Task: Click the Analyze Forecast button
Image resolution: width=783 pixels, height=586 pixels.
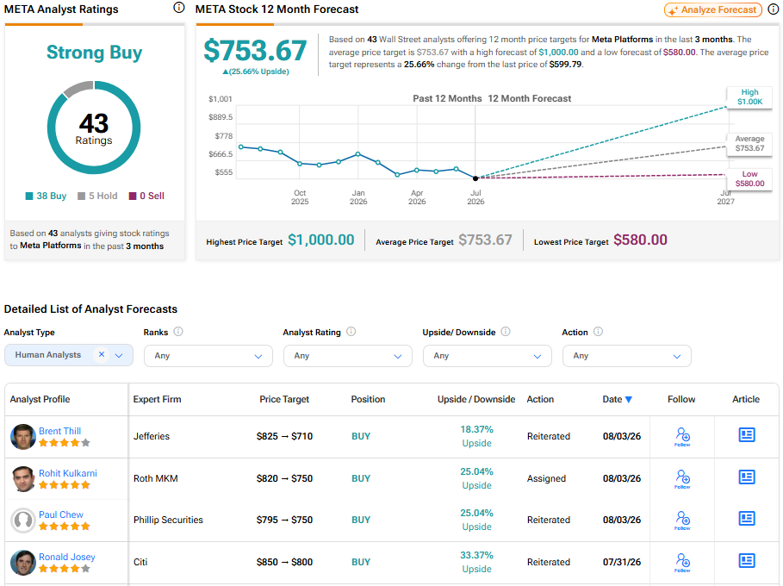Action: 712,10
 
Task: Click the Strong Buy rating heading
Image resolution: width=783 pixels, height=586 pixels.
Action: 95,53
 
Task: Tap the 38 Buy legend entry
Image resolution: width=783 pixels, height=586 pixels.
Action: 46,196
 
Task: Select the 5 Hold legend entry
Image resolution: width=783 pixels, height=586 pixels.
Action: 98,196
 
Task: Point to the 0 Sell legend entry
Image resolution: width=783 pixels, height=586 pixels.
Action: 146,196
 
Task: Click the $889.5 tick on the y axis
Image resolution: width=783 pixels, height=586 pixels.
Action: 221,117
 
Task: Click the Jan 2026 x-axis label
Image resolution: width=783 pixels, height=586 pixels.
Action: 358,196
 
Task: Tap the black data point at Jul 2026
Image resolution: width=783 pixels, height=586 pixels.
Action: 475,178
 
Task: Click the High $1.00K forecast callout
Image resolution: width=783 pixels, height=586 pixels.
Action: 749,97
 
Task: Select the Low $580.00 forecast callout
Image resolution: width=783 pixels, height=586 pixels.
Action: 749,179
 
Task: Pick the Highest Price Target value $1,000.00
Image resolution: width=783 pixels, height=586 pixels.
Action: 321,240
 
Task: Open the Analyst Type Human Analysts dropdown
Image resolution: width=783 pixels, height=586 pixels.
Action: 69,355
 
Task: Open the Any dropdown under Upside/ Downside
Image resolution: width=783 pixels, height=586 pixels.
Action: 488,356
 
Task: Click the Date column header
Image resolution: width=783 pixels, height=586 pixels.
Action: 618,399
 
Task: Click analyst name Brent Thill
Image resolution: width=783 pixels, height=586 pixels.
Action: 60,431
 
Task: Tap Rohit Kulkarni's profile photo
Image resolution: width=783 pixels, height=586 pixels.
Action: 23,478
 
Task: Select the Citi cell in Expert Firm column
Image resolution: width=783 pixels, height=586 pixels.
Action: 140,562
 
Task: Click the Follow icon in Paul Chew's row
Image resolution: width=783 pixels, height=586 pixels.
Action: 682,520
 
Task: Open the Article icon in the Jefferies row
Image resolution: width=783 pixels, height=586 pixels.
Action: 747,434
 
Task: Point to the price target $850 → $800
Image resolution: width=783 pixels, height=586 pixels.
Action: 284,562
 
